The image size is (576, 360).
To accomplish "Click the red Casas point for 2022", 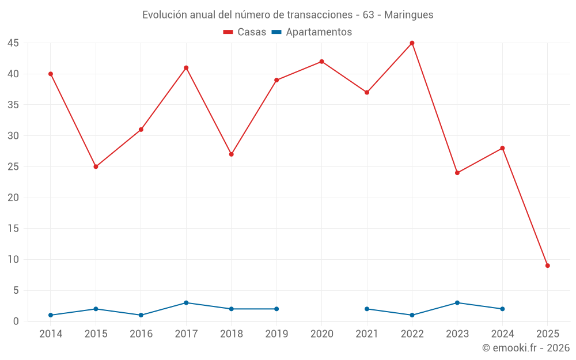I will click(412, 43).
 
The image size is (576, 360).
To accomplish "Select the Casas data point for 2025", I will click(548, 266).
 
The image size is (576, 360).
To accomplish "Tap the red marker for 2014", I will click(51, 74).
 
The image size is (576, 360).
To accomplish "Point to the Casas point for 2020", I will click(321, 62).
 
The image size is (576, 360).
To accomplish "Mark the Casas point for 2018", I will click(232, 154).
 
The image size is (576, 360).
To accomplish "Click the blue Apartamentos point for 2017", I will click(186, 303).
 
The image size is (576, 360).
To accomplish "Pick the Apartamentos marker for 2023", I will click(457, 303).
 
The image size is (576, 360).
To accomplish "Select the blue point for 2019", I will click(276, 309).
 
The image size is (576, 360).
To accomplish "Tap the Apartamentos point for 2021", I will click(367, 309).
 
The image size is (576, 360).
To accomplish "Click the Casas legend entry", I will click(245, 32).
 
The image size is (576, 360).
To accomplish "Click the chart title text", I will click(287, 15).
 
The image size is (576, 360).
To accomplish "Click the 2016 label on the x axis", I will click(141, 334).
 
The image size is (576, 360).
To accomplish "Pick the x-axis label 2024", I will click(502, 334).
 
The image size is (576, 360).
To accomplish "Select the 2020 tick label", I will click(321, 334).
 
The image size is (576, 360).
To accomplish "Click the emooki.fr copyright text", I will click(525, 348).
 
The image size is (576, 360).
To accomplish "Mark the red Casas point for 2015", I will click(96, 166).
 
